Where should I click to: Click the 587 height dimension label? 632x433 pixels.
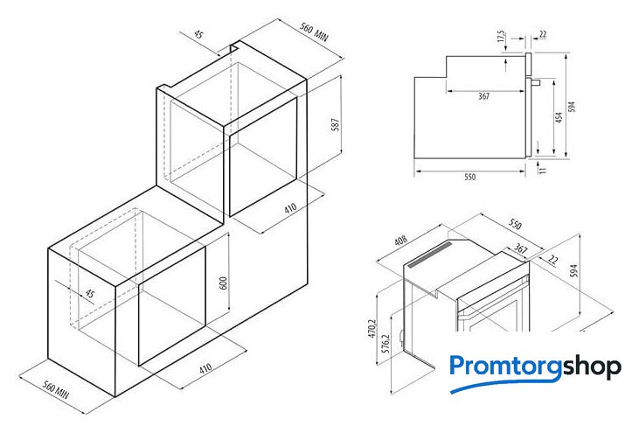pos(335,124)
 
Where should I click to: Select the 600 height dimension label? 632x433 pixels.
pos(223,283)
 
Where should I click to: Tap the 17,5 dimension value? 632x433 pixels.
pos(501,36)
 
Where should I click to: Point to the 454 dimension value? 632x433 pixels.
pos(559,118)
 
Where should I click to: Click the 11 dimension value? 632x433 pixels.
pos(543,170)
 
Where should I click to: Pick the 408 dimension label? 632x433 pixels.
pos(400,241)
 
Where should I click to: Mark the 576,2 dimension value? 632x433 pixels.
pos(385,344)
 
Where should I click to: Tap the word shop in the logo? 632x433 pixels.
pos(592,367)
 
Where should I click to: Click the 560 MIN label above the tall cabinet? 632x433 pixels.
pos(314,31)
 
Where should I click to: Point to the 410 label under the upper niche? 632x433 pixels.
pos(290,208)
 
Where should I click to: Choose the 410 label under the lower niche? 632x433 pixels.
pos(205,368)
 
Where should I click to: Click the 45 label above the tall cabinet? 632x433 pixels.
pos(198,34)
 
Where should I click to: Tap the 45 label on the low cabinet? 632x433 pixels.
pos(89,294)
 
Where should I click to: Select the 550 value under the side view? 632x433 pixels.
pos(470,177)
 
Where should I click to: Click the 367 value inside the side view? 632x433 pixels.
pos(483,96)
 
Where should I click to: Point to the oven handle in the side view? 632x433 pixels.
pos(535,82)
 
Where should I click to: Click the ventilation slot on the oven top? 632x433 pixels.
pos(431,255)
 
